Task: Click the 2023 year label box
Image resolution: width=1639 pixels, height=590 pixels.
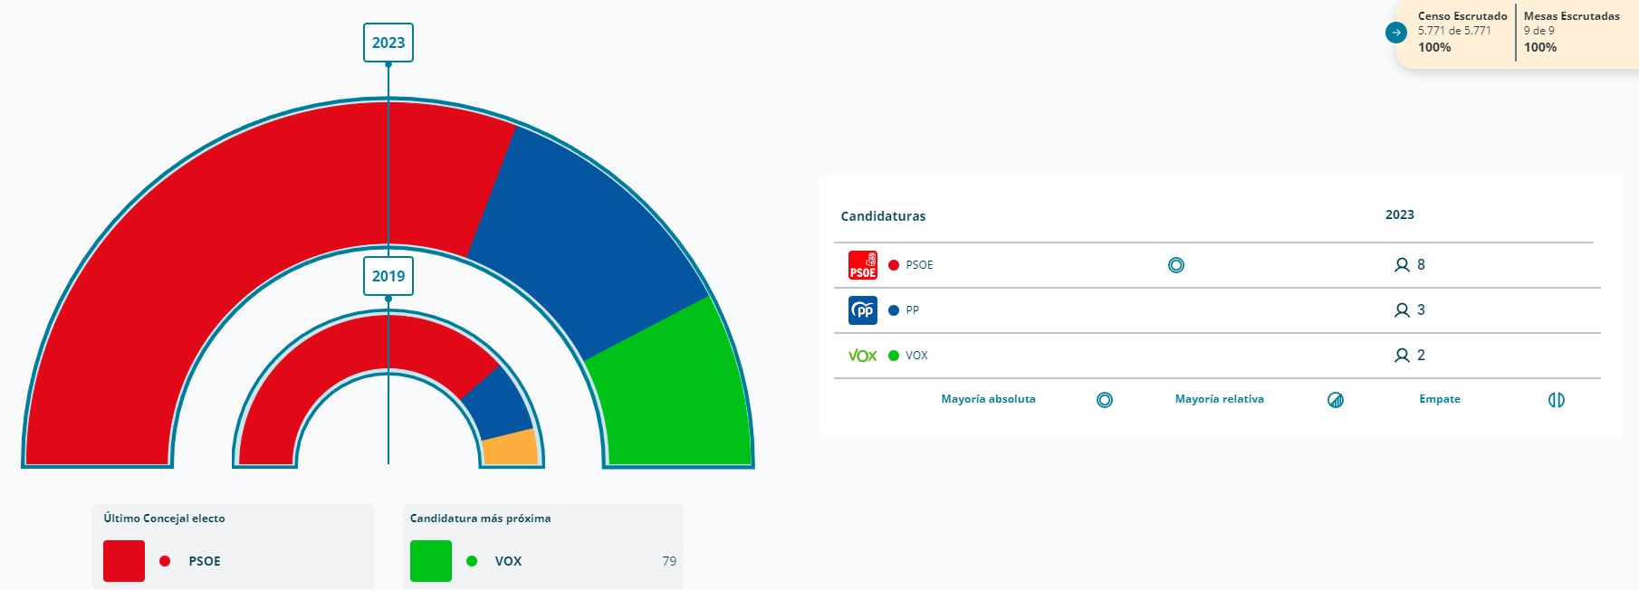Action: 388,43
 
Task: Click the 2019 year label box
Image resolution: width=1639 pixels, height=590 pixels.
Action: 388,276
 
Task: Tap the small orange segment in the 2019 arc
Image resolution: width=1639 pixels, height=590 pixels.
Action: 510,447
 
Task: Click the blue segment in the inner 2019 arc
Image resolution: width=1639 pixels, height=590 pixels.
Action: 499,402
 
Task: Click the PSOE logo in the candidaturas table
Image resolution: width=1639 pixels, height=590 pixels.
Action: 862,265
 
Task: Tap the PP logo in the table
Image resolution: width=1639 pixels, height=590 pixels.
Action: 862,310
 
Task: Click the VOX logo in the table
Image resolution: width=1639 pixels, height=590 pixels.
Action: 862,356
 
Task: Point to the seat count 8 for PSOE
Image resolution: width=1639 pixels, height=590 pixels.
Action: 1421,265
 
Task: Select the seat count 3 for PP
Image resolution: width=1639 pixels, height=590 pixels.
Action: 1421,310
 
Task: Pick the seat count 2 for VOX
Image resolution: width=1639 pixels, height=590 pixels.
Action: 1421,356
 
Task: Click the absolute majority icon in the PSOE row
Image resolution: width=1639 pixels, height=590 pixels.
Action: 1175,265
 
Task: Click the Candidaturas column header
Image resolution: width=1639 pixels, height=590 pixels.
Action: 883,216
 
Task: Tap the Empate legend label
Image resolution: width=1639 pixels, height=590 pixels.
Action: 1439,399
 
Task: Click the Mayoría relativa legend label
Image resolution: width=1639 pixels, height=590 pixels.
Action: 1219,399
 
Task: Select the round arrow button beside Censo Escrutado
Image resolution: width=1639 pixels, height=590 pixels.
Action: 1396,33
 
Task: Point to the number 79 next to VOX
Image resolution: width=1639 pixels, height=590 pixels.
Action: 669,561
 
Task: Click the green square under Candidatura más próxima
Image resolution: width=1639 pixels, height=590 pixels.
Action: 431,561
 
